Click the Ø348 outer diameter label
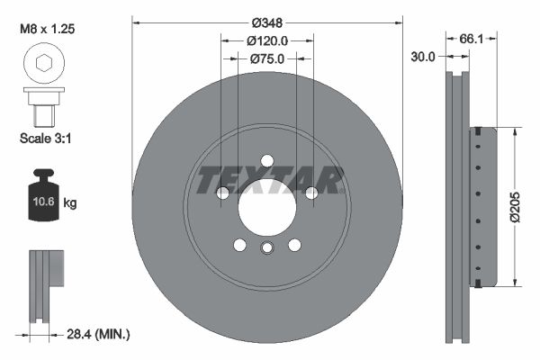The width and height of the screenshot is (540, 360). [x=266, y=21]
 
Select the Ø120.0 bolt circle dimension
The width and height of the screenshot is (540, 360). [x=266, y=40]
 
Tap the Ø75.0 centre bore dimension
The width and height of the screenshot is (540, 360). [x=266, y=59]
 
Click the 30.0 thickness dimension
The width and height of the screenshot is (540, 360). [x=422, y=56]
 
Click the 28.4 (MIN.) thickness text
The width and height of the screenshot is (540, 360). [x=100, y=335]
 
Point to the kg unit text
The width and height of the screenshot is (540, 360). [x=70, y=203]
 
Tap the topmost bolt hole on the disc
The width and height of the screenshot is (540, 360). [x=266, y=160]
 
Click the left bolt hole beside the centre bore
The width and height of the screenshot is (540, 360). [x=223, y=193]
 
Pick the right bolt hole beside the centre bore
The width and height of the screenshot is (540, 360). [x=310, y=193]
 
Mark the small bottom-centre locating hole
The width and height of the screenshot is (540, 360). [x=266, y=249]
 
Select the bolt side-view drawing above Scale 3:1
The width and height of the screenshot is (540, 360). [x=41, y=107]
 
